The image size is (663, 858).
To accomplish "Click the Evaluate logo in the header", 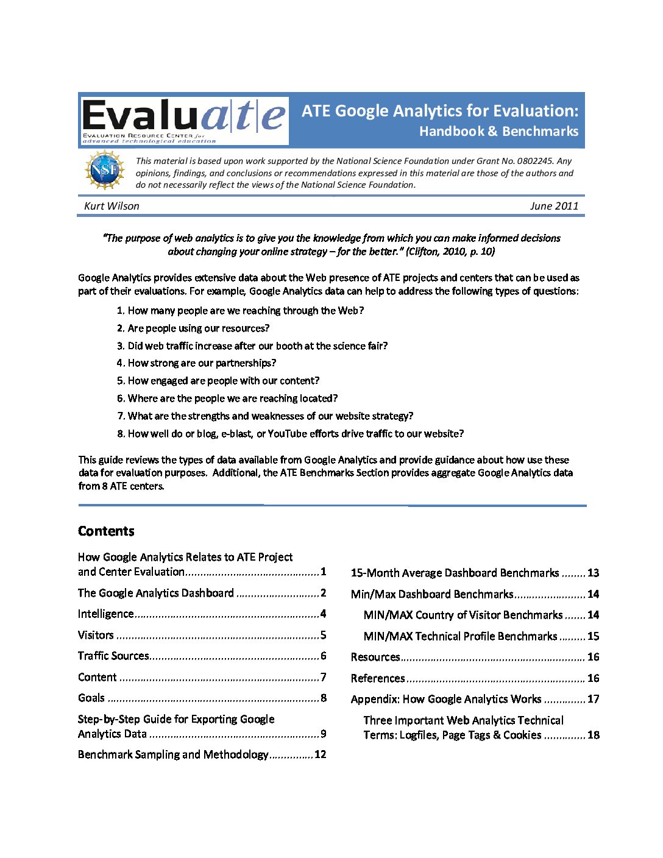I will click(x=185, y=120).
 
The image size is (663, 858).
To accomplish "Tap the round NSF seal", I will click(x=105, y=170).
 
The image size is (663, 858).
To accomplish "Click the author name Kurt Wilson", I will click(x=112, y=206).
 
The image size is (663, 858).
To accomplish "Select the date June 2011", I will click(x=554, y=206).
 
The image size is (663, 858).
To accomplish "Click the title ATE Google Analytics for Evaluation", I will click(x=439, y=111).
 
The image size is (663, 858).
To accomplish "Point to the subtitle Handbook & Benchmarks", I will click(x=498, y=131).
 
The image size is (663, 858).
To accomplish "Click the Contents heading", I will click(x=106, y=531).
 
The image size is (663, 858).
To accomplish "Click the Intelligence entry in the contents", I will click(x=106, y=614).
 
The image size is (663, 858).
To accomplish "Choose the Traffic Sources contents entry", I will click(x=113, y=656).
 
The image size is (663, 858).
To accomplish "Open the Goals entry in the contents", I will click(x=91, y=698).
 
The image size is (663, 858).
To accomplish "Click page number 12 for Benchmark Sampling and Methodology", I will click(x=321, y=754).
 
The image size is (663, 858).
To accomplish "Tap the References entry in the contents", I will click(x=378, y=678).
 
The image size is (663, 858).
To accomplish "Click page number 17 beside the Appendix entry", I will click(x=594, y=699).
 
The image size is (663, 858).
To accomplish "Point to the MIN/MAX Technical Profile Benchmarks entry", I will click(x=460, y=636).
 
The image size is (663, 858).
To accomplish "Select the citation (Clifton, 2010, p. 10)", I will click(x=450, y=251).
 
